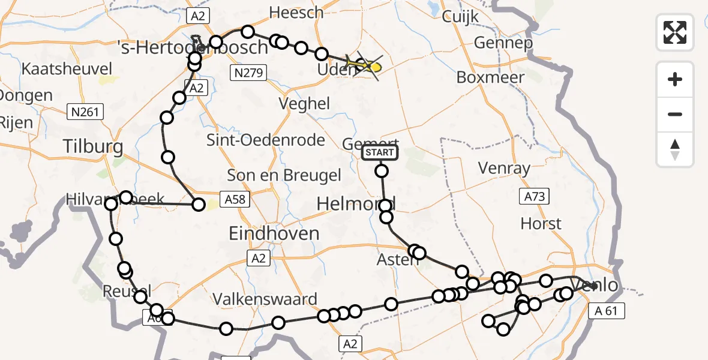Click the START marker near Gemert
(x=380, y=153)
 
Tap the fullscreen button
(x=675, y=32)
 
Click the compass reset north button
(x=675, y=150)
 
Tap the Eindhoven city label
(x=274, y=233)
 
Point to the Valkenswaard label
(x=266, y=299)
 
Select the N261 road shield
(x=86, y=110)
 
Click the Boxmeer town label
(x=490, y=77)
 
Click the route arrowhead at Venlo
(x=595, y=286)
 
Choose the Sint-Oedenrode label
(x=266, y=140)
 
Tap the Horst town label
(x=541, y=224)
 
